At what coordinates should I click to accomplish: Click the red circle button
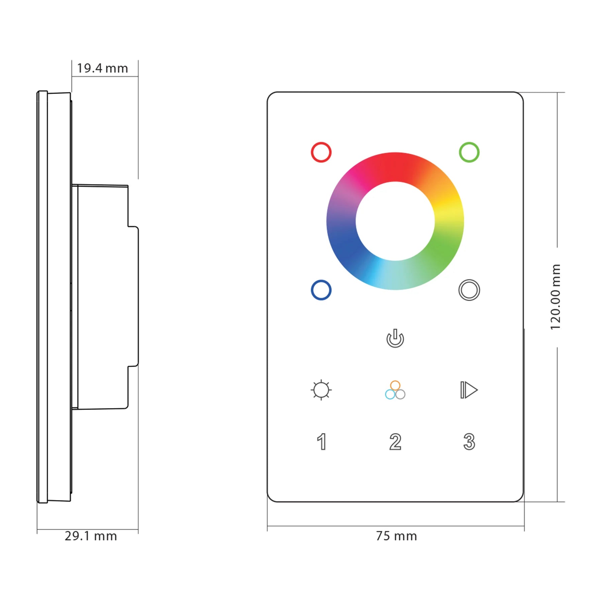321,153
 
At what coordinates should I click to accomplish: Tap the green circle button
469,153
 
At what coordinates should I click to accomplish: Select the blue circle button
321,290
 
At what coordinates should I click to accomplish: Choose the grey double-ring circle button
469,290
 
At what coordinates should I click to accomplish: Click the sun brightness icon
321,390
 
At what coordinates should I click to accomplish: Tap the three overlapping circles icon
395,390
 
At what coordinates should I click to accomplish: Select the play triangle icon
469,390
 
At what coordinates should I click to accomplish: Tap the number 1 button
321,442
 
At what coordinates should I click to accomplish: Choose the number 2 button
395,442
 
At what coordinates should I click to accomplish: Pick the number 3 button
469,442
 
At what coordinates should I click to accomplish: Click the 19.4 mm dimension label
102,68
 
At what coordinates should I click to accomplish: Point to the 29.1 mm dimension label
91,536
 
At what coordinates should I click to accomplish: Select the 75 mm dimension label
396,536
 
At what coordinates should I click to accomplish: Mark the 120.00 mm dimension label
556,297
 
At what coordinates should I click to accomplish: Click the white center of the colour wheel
395,221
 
